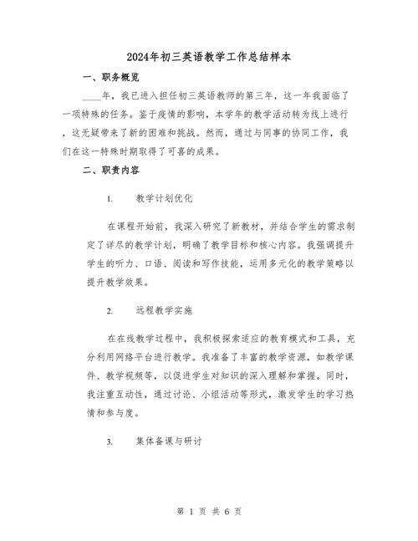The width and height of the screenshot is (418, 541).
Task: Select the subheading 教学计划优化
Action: pos(164,201)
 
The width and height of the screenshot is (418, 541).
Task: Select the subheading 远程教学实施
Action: pos(164,311)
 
